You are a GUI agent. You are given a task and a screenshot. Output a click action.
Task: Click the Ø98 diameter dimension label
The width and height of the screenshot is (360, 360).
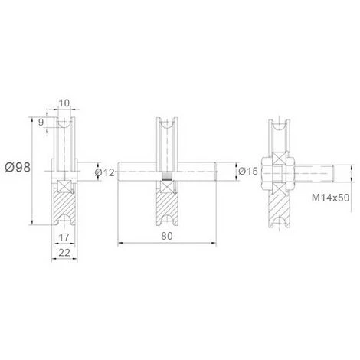click(x=18, y=168)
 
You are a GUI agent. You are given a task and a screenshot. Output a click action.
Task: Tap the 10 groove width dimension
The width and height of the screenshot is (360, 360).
click(x=64, y=103)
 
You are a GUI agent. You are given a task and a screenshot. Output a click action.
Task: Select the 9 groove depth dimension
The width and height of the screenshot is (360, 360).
click(x=41, y=123)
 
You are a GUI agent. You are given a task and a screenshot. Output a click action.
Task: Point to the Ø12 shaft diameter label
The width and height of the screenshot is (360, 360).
click(x=105, y=173)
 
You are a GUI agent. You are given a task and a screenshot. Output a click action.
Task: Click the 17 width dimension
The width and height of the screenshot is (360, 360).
click(x=64, y=237)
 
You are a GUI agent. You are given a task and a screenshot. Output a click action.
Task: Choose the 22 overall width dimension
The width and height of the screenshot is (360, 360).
click(x=64, y=253)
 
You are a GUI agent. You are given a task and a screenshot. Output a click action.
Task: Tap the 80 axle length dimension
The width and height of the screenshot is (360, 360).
click(x=167, y=236)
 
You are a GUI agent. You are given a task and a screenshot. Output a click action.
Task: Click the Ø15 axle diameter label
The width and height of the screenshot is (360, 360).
click(x=248, y=171)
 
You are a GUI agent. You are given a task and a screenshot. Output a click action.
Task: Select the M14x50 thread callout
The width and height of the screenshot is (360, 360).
click(x=330, y=198)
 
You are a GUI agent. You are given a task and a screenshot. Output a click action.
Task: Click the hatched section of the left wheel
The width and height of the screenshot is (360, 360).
click(x=65, y=205)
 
